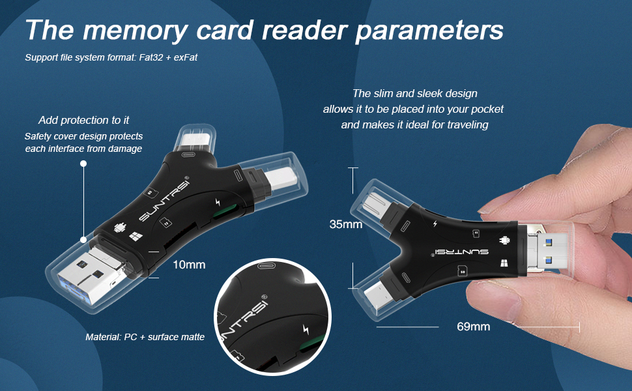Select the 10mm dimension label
click(190, 265)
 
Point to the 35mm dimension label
click(346, 224)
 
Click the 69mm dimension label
click(473, 326)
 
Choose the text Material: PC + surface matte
click(145, 337)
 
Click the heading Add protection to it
click(83, 120)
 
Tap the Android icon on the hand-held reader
click(504, 240)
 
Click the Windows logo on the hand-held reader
click(504, 264)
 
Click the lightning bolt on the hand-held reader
click(435, 224)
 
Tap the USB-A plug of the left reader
click(88, 273)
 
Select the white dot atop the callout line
click(83, 164)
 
